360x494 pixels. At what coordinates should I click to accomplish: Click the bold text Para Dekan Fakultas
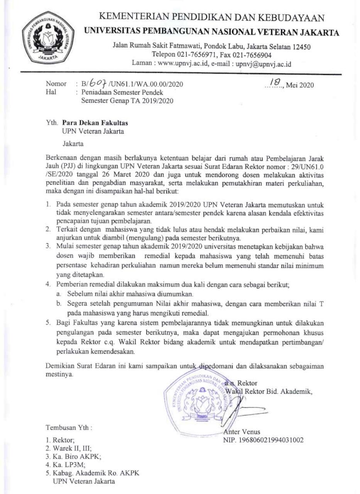pyautogui.click(x=95, y=123)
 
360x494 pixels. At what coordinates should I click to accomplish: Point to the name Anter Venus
pyautogui.click(x=242, y=432)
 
